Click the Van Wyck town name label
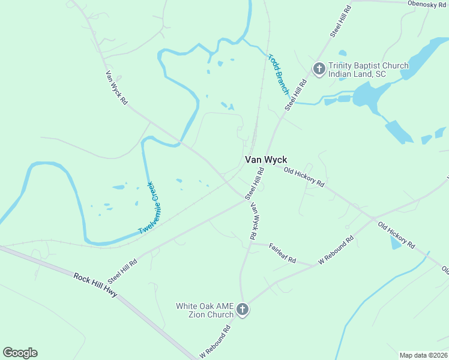(265, 160)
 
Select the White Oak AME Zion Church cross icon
(242, 310)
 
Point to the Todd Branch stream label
(279, 74)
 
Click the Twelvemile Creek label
(151, 208)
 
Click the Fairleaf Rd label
(283, 253)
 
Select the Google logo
(20, 353)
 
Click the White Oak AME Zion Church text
(204, 310)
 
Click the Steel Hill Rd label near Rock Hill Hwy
(122, 271)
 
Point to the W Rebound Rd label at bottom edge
(215, 342)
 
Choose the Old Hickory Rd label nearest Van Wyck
(304, 176)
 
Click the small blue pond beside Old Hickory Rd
(395, 242)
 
